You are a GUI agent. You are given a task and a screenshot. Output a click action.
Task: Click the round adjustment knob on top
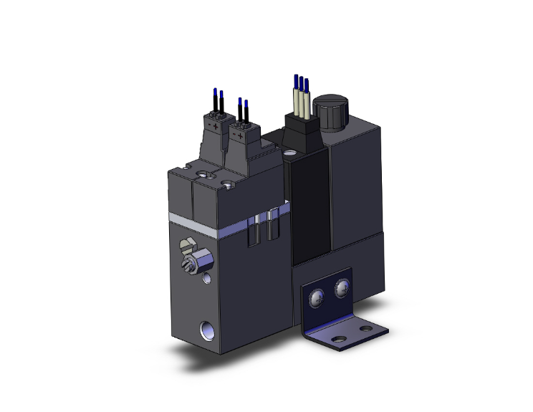(x=330, y=112)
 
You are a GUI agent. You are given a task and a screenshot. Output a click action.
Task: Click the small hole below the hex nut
(x=207, y=275)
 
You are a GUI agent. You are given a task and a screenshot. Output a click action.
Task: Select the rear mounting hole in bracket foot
(x=367, y=328)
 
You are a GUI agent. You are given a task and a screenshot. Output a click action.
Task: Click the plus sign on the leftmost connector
(x=216, y=126)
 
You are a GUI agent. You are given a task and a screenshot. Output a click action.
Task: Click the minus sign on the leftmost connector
(x=208, y=124)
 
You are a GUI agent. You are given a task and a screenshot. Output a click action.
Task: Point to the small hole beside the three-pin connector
(x=289, y=153)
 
